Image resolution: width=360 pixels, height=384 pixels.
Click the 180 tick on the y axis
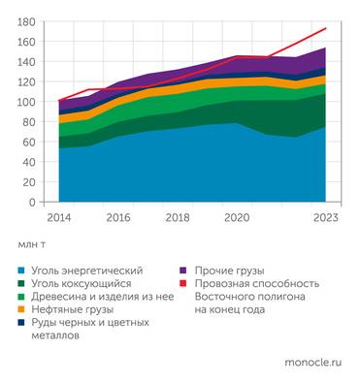tap(27, 20)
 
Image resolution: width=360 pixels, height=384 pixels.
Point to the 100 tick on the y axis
tap(27, 102)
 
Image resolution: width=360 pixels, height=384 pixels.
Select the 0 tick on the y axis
tap(32, 203)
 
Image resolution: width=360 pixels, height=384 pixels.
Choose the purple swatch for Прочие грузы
tap(183, 269)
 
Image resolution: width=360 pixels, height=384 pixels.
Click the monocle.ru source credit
tap(312, 362)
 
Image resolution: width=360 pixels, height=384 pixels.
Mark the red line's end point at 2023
tap(325, 28)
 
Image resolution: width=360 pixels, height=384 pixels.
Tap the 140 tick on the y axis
tap(27, 61)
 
